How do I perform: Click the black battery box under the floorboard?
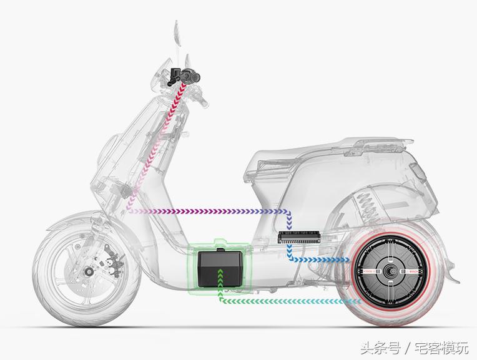click(218, 268)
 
